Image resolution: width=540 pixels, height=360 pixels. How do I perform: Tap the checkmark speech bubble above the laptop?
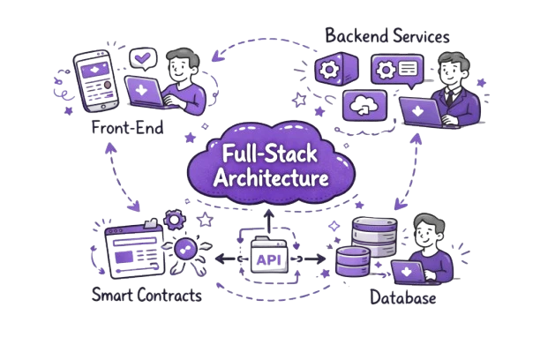pos(140,59)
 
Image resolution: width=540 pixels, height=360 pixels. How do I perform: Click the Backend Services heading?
pos(388,36)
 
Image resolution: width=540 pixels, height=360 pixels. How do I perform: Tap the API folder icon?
pos(266,255)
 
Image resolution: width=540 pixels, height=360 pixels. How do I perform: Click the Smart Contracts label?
pos(147,296)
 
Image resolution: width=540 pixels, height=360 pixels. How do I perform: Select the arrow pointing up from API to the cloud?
pos(266,221)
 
